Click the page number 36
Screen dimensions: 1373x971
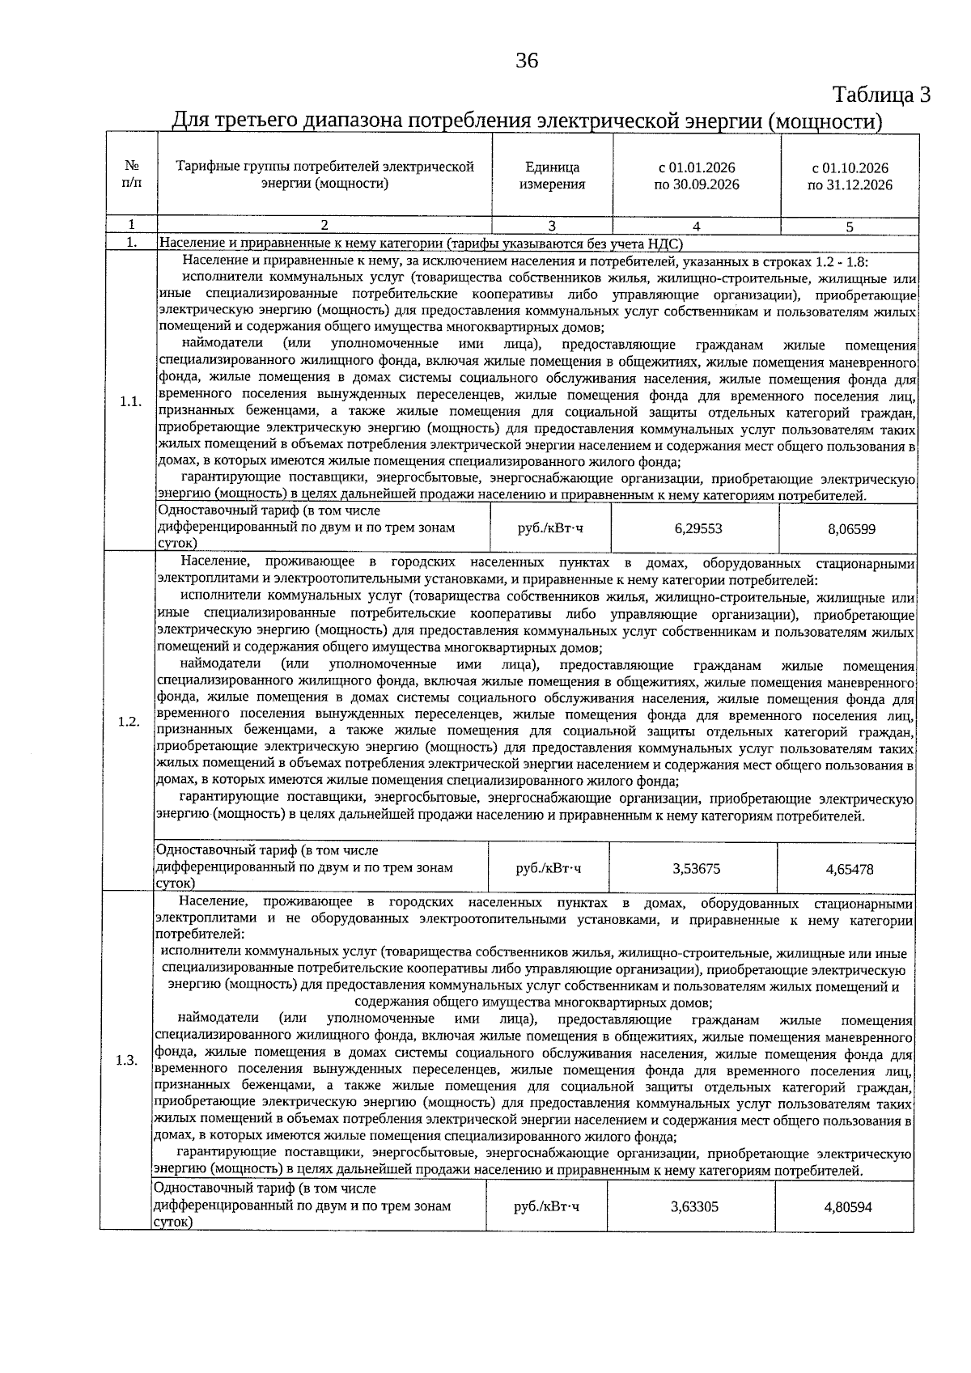click(x=527, y=61)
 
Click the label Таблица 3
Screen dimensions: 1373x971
click(x=881, y=95)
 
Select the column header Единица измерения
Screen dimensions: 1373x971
click(x=552, y=176)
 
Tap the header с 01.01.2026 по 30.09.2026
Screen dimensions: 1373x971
click(x=696, y=176)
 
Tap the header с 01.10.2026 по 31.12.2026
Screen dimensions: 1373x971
click(x=850, y=176)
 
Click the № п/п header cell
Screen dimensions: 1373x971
click(x=130, y=176)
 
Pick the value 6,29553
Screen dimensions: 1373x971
click(x=698, y=528)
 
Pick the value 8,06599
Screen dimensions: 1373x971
click(x=850, y=529)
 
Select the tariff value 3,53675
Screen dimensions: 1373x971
click(x=696, y=869)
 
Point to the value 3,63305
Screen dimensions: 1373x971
click(x=694, y=1207)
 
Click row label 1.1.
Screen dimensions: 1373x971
click(x=130, y=402)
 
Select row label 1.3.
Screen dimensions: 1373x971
click(x=126, y=1060)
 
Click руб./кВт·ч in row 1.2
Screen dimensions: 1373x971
click(x=549, y=869)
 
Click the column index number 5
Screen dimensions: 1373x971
click(x=850, y=227)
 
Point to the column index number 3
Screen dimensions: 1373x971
click(x=552, y=227)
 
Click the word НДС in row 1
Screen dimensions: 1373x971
click(x=665, y=243)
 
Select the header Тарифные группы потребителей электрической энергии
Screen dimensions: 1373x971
click(x=324, y=176)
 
